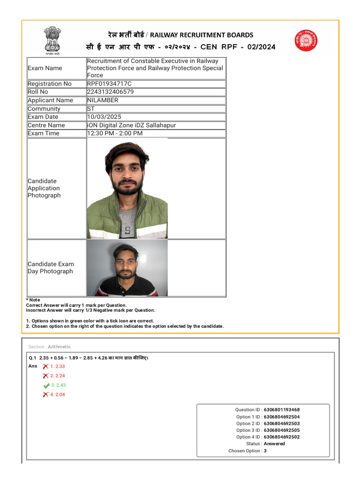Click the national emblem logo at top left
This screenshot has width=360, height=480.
tap(52, 39)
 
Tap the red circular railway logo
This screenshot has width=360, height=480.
tap(306, 41)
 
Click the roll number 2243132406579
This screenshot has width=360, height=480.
tap(110, 92)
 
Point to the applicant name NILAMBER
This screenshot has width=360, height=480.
tap(103, 100)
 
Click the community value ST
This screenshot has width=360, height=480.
tap(91, 109)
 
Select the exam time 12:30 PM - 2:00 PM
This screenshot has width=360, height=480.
tap(115, 134)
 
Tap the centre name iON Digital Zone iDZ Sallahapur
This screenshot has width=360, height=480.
tap(132, 125)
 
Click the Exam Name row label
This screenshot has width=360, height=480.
tap(45, 68)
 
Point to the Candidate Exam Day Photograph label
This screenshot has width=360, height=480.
tap(51, 268)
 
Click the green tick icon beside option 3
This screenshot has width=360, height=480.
tap(46, 385)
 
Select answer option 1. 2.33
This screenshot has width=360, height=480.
tap(58, 367)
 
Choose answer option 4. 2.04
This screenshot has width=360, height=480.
tap(58, 395)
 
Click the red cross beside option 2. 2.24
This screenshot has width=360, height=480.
tap(45, 376)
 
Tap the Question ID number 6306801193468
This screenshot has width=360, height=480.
tap(282, 410)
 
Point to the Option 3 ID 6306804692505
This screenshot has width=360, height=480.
tap(282, 430)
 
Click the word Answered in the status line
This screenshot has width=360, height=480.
tap(274, 444)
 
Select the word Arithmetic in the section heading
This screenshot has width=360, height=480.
tap(59, 347)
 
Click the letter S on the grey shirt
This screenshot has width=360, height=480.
tap(127, 231)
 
